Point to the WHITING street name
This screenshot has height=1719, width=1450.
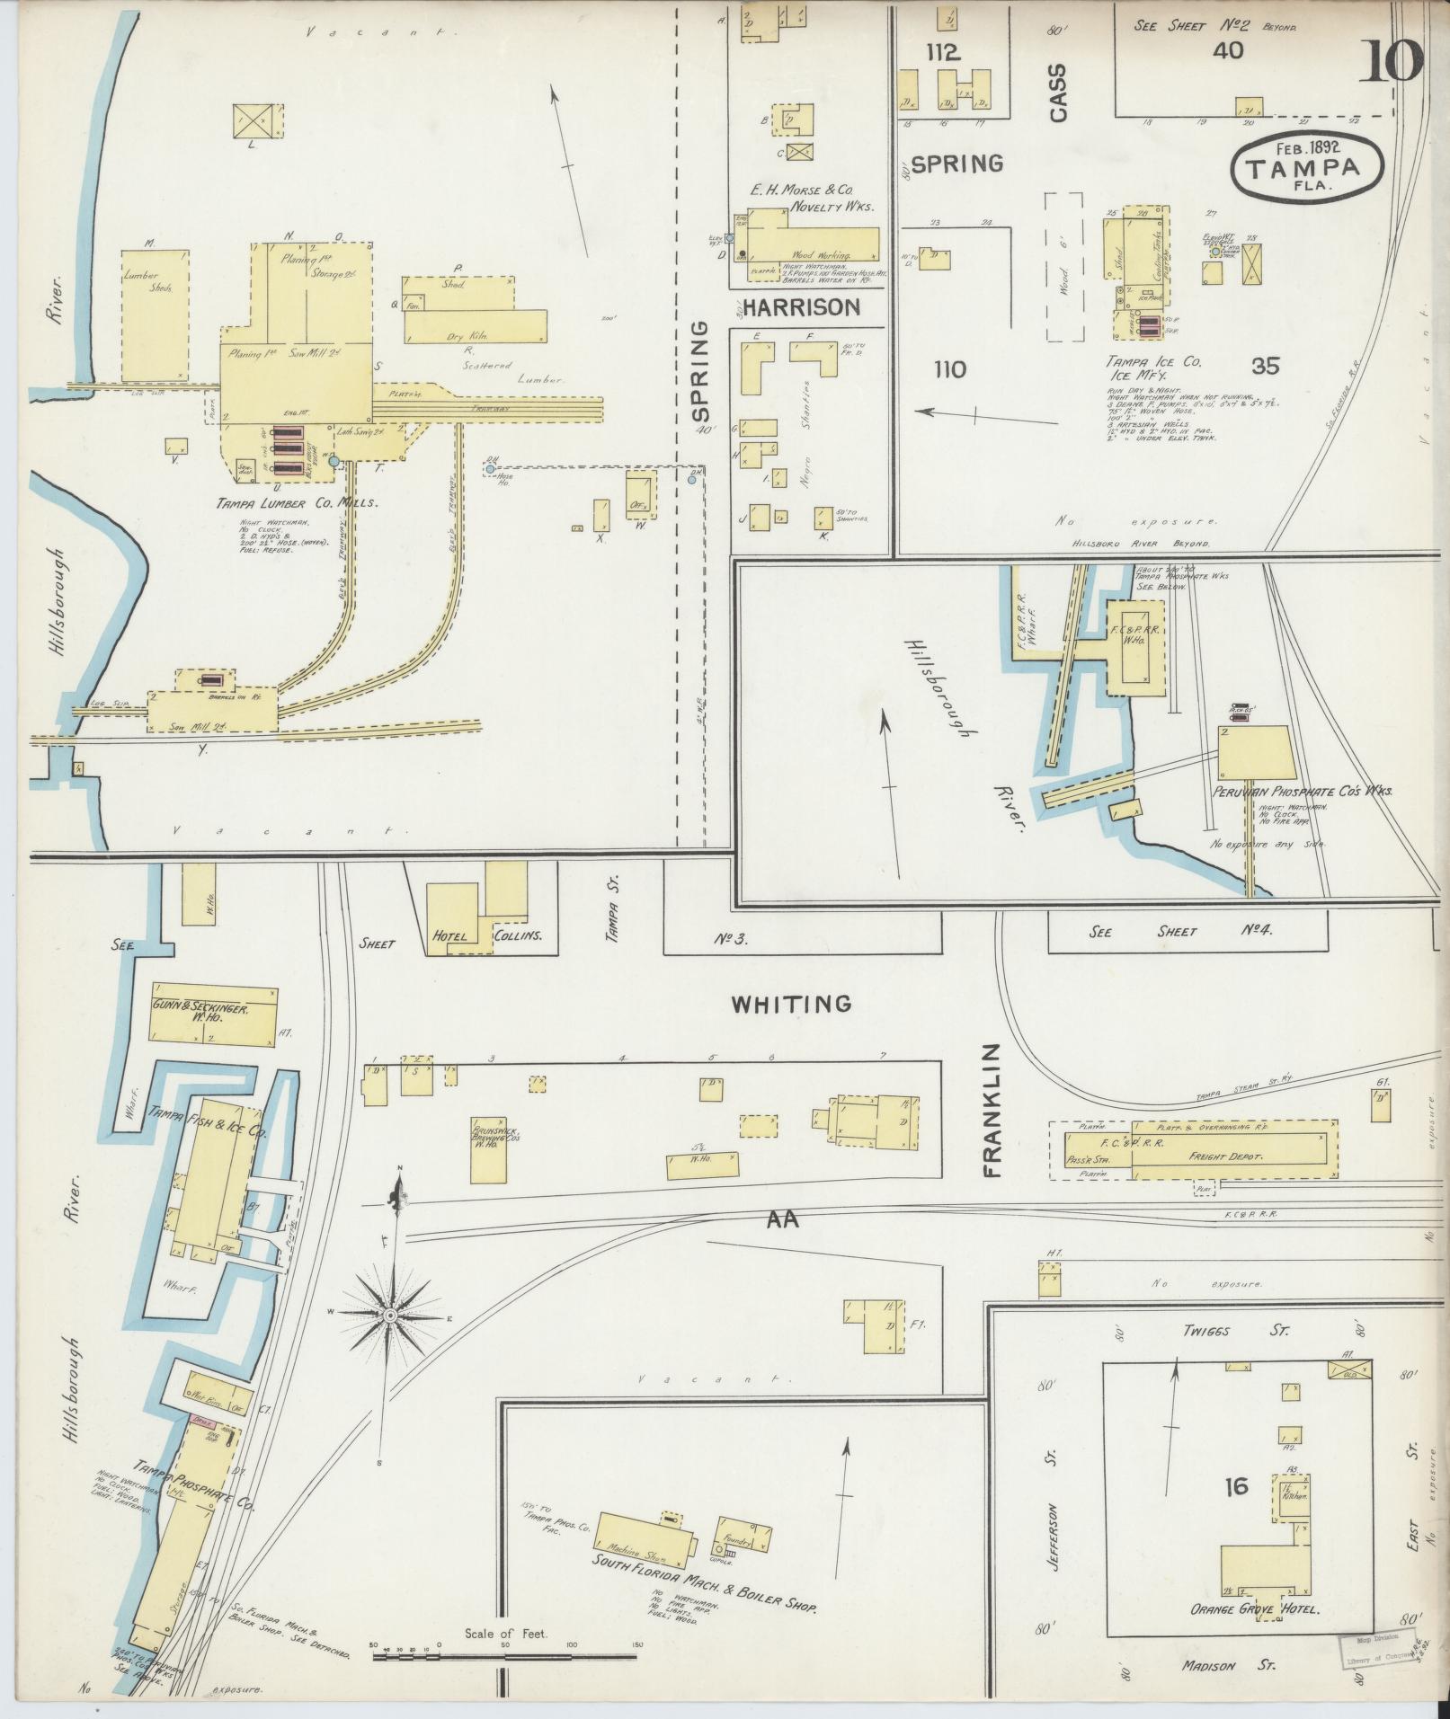(790, 1003)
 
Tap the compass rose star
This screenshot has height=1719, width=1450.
(391, 1315)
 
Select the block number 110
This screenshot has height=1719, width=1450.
(949, 369)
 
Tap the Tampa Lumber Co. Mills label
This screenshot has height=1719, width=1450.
(295, 502)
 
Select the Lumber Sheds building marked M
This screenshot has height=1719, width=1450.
(154, 313)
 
